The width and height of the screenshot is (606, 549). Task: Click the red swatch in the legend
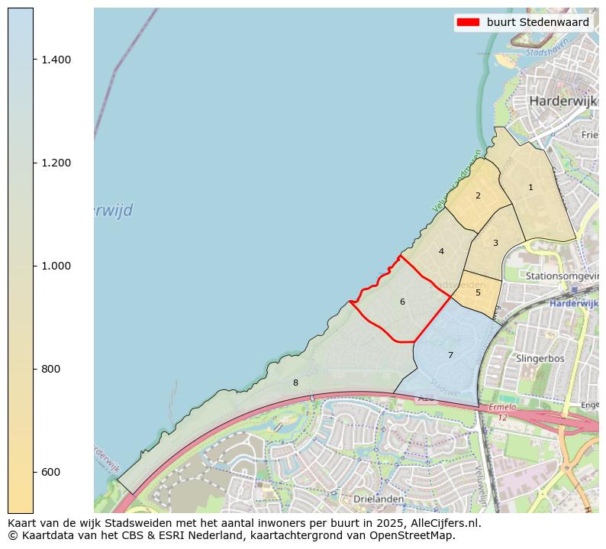pos(467,22)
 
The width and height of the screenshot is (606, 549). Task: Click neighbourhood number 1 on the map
pos(530,187)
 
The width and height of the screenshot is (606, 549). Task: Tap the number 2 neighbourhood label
pos(478,195)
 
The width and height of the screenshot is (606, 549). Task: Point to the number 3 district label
pos(495,243)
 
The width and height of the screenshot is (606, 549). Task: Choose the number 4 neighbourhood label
pos(441,251)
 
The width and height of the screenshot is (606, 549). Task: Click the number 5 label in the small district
pos(478,292)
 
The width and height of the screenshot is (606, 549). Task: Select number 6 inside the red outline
pos(402,302)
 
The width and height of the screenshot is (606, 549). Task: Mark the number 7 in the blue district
pos(450,355)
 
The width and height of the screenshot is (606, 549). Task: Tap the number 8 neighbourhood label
pos(295,383)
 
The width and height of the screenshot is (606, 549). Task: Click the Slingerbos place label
pos(540,357)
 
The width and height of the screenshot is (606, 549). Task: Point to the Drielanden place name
pos(379,499)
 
